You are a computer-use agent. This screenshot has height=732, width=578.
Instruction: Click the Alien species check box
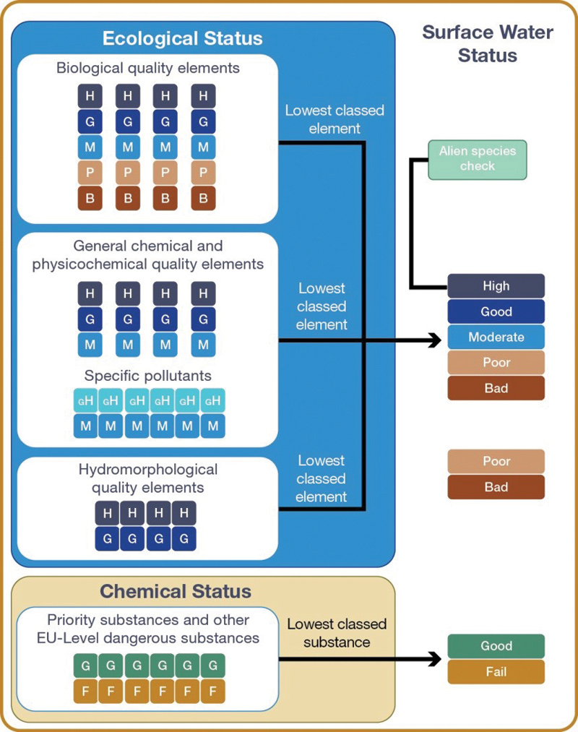(x=477, y=159)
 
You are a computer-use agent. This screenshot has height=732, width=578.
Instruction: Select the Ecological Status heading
(x=182, y=38)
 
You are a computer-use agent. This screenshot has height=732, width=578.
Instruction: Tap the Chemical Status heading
(x=176, y=592)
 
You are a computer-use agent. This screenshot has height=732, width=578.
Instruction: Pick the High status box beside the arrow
(x=496, y=286)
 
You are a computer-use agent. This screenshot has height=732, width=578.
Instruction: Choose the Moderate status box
(x=496, y=337)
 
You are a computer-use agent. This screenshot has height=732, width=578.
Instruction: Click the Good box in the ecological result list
(x=496, y=311)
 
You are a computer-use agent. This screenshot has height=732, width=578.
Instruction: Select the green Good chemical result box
(x=496, y=646)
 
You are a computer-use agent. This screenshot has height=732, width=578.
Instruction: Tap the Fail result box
(x=496, y=671)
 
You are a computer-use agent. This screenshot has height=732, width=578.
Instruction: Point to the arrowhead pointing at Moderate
(x=434, y=340)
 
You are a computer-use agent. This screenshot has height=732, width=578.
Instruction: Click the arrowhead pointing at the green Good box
(x=434, y=658)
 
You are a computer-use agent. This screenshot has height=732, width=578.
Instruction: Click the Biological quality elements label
(x=148, y=69)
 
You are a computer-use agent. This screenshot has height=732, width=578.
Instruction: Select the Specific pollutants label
(x=148, y=376)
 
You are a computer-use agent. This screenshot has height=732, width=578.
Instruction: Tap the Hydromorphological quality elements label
(x=148, y=479)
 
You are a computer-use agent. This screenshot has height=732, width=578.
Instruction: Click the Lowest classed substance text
(x=337, y=633)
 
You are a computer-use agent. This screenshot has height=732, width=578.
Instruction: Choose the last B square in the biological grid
(x=203, y=198)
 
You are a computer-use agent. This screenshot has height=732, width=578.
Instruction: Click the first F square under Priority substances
(x=86, y=691)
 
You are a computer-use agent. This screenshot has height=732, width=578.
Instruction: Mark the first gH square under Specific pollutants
(x=85, y=400)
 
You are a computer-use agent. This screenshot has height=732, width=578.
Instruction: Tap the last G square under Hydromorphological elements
(x=184, y=538)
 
